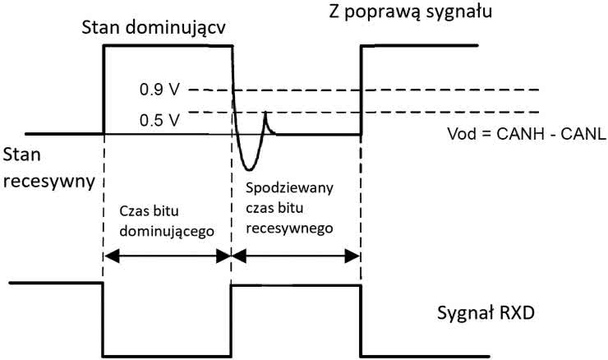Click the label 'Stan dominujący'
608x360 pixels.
coord(154,30)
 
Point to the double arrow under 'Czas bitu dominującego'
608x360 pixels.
coord(166,257)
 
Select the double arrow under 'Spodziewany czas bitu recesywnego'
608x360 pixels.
coord(296,257)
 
